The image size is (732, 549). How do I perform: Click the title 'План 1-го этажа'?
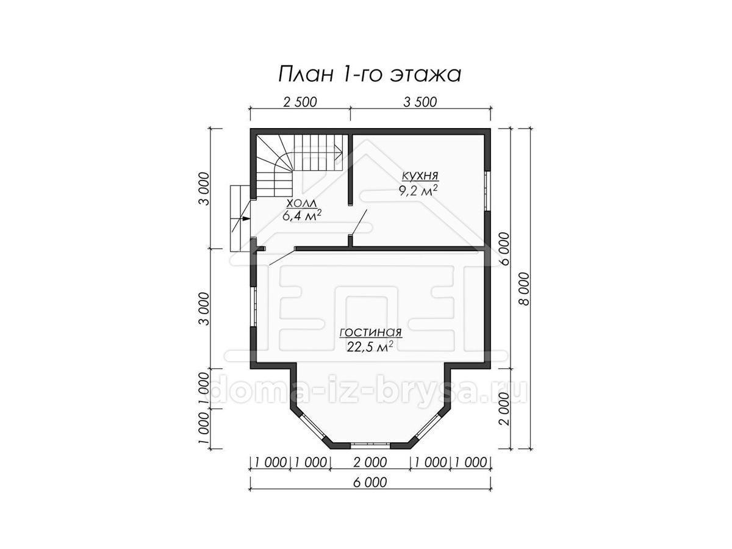point(370,74)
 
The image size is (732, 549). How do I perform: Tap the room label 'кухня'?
point(420,176)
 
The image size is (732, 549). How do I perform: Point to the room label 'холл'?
point(302,203)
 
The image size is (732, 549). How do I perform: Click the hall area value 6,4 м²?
point(302,216)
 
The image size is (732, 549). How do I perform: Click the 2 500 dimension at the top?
point(300,102)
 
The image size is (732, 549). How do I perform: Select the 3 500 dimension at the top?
point(420,102)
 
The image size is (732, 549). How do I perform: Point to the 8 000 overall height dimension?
point(524,289)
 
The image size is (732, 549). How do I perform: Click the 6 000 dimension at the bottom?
point(370,483)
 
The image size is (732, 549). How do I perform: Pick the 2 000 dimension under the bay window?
point(370,462)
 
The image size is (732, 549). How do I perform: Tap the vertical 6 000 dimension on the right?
point(505,249)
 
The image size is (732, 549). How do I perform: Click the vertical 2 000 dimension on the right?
point(505,409)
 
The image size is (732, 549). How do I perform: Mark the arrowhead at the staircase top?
point(340,154)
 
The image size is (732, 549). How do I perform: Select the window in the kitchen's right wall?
point(487,191)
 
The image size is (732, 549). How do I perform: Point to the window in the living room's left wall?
point(253,306)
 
